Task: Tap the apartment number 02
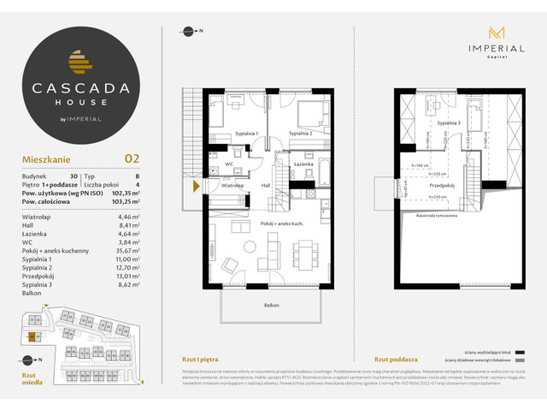(132, 158)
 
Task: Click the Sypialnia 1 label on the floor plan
(246, 134)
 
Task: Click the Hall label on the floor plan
(265, 184)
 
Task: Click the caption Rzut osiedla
(31, 379)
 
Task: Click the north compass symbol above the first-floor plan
(186, 33)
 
